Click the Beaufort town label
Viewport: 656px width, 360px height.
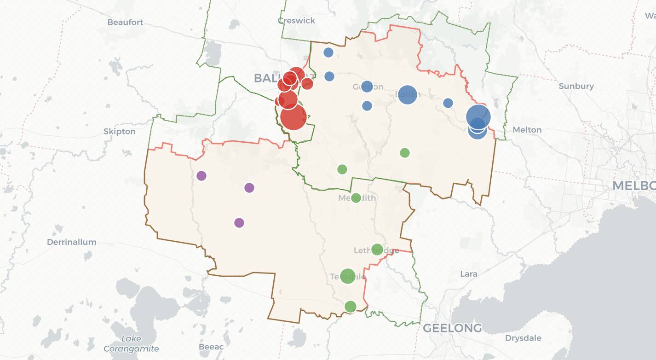pyautogui.click(x=125, y=22)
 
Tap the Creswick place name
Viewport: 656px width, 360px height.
pyautogui.click(x=297, y=20)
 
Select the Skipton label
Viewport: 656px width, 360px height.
pyautogui.click(x=119, y=132)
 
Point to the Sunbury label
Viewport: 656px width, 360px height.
pyautogui.click(x=576, y=86)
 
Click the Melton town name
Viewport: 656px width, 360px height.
pyautogui.click(x=527, y=130)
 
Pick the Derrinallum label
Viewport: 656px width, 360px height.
pyautogui.click(x=72, y=242)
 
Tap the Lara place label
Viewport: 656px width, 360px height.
pyautogui.click(x=469, y=274)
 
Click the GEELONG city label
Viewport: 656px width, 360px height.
pyautogui.click(x=452, y=328)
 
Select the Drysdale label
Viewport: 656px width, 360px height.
pyautogui.click(x=523, y=338)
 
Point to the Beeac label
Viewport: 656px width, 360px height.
pyautogui.click(x=211, y=347)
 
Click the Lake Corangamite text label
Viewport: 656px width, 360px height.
pyautogui.click(x=131, y=344)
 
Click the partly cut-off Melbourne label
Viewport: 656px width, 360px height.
pyautogui.click(x=634, y=186)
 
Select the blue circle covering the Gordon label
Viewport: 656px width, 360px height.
pyautogui.click(x=367, y=86)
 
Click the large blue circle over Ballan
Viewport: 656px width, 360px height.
pyautogui.click(x=407, y=94)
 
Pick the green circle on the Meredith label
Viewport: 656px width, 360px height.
pyautogui.click(x=356, y=198)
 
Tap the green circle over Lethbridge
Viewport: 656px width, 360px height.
pyautogui.click(x=377, y=250)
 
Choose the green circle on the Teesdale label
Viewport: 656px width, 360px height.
pyautogui.click(x=348, y=276)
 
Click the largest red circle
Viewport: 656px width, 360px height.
pyautogui.click(x=293, y=117)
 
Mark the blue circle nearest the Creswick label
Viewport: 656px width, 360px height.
pyautogui.click(x=328, y=52)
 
